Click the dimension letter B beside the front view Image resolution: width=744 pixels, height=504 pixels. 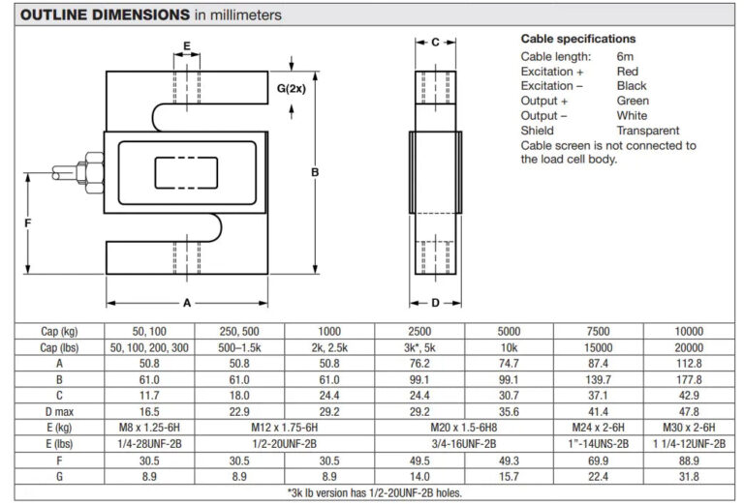[x=315, y=172]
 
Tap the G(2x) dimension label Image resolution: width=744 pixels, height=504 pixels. [x=292, y=89]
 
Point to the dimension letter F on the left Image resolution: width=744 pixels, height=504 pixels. [x=27, y=223]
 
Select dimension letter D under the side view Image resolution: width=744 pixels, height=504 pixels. [x=435, y=303]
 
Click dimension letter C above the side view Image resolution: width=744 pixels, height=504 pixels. [x=435, y=43]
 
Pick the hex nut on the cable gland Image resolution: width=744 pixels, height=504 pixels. [x=94, y=173]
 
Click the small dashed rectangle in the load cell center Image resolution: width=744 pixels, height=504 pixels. [x=186, y=173]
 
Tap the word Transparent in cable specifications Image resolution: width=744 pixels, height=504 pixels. [x=648, y=131]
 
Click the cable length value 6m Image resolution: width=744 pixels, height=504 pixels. [x=625, y=56]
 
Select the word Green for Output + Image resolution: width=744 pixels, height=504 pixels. [x=633, y=101]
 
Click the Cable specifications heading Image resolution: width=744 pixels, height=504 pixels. [x=578, y=39]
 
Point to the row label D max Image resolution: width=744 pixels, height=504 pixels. [x=59, y=412]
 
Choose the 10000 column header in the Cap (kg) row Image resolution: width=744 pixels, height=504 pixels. [x=689, y=331]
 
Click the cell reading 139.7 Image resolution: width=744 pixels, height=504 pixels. [x=598, y=379]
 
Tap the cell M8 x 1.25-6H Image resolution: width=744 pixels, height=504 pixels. [x=149, y=428]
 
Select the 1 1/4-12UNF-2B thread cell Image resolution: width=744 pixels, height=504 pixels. [x=689, y=444]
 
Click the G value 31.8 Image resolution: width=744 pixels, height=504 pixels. [x=689, y=476]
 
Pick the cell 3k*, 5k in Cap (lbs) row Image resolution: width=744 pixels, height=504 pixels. [x=419, y=347]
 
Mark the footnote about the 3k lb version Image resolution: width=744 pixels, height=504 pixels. [x=374, y=492]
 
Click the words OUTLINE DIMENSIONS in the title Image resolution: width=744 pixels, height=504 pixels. [x=105, y=15]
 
